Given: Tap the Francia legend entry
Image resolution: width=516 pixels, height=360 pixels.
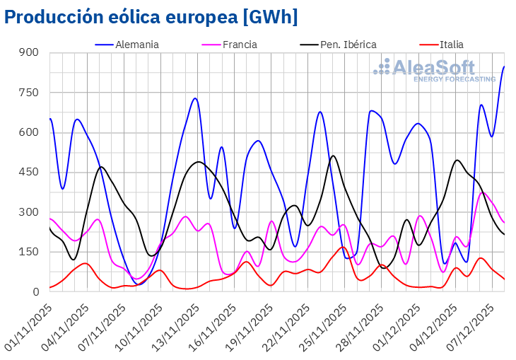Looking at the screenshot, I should click(x=240, y=45).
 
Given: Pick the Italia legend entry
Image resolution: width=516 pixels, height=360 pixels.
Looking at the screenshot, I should click(x=451, y=45).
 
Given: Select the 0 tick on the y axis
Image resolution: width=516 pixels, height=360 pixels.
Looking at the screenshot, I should click(x=35, y=291).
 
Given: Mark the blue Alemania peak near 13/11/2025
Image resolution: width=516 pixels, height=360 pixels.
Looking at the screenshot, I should click(x=195, y=98).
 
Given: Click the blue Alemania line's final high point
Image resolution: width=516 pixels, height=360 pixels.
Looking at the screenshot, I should click(x=503, y=67).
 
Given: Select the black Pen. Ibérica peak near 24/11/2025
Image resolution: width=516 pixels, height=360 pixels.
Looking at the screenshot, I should click(x=333, y=156).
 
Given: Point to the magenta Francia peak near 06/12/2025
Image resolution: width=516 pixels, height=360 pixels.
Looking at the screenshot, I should click(x=483, y=192).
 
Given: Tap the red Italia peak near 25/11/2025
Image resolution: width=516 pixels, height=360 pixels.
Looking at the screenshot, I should click(x=343, y=247).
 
